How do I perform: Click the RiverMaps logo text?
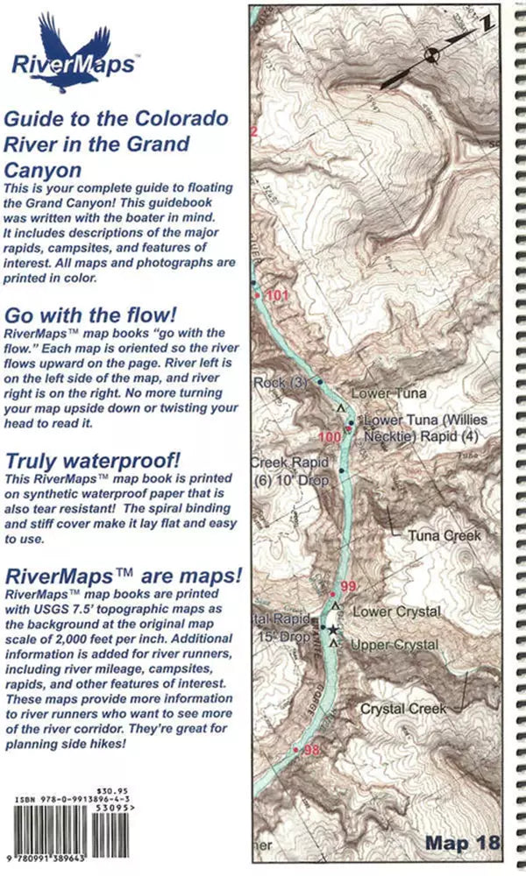(73, 64)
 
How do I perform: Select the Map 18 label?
(462, 843)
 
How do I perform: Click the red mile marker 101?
(275, 295)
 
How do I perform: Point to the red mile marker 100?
(329, 437)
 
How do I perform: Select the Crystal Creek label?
(403, 708)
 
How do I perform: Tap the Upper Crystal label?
(394, 645)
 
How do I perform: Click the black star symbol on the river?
(332, 629)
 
